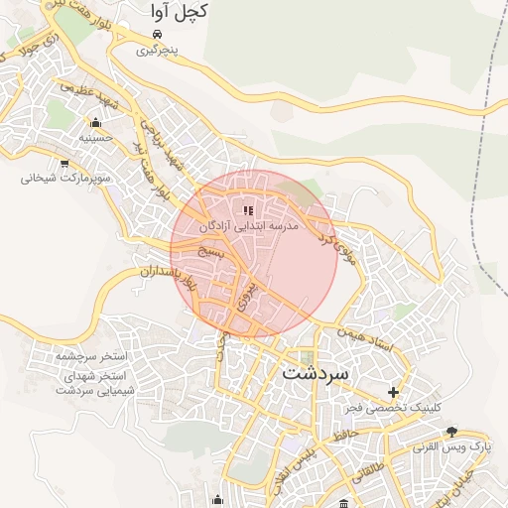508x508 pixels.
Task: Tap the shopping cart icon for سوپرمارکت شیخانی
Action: pyautogui.click(x=64, y=164)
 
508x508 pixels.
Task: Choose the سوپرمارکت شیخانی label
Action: pyautogui.click(x=62, y=179)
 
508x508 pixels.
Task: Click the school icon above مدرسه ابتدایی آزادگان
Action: pyautogui.click(x=248, y=210)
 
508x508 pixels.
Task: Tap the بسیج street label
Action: pyautogui.click(x=210, y=254)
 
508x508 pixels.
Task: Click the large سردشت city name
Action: pyautogui.click(x=316, y=375)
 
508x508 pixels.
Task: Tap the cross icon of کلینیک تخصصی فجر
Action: pyautogui.click(x=395, y=392)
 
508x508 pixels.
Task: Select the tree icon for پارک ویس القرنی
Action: pyautogui.click(x=452, y=432)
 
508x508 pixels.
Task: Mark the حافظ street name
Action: pyautogui.click(x=346, y=434)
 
